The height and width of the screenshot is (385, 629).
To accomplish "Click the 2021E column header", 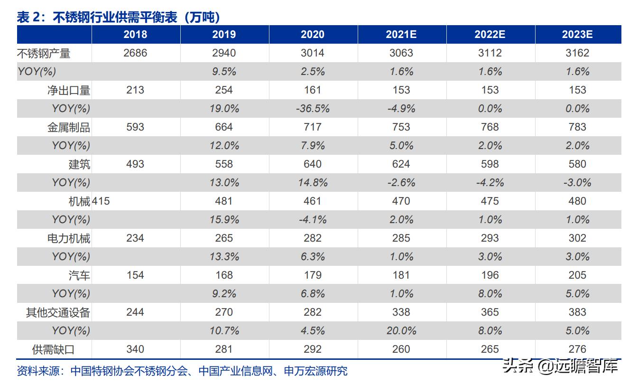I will coord(401,35).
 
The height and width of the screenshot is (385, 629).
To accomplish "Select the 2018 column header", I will coord(135,35).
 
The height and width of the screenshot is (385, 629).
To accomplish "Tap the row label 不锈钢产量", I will coord(44,53).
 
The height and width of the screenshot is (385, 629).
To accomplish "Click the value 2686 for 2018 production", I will coord(135,53).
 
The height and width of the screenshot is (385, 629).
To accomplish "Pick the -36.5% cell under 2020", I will coord(313,109).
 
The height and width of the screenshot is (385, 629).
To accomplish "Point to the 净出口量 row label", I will coord(69,90).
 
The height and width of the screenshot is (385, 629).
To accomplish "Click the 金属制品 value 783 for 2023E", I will coord(577,127).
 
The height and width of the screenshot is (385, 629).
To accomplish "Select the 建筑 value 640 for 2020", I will coord(313,164).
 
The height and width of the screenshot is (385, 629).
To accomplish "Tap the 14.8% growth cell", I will coord(313,183).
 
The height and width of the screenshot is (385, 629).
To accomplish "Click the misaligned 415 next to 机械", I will coord(101,201).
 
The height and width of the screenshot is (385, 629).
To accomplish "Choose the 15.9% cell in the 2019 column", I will coord(224,220).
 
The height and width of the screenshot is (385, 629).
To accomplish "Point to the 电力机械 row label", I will coord(69,238).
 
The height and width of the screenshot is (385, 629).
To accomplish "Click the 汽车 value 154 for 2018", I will coord(135,275).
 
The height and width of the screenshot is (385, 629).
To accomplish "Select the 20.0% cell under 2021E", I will coord(401,331).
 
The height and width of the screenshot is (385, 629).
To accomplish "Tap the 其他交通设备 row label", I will coord(58,312).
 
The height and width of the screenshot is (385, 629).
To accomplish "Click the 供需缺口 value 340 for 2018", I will coord(135,349).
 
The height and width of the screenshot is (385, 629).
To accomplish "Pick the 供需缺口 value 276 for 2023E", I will coord(577,349).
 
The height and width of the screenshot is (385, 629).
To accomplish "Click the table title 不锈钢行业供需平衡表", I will coord(119,17).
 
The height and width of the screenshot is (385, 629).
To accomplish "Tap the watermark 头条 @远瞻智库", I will coord(561,366).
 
